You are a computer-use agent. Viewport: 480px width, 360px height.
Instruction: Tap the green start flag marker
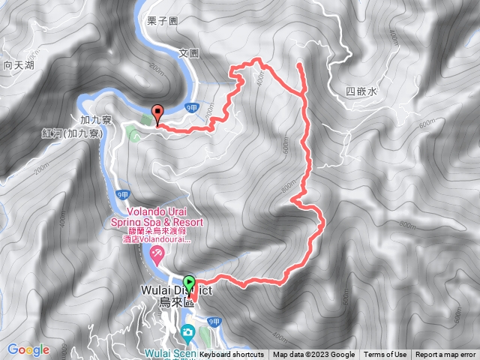click(x=189, y=282)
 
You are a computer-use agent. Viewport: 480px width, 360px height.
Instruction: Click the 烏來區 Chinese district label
click(x=177, y=303)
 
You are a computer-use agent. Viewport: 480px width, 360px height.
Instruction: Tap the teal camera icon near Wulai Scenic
click(x=187, y=332)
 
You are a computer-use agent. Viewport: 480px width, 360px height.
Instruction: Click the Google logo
click(x=28, y=349)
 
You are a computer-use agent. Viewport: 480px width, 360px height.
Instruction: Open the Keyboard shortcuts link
click(x=232, y=355)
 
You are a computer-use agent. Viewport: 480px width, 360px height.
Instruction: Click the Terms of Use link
click(x=385, y=355)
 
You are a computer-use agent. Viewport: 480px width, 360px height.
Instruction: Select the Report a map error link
click(x=445, y=355)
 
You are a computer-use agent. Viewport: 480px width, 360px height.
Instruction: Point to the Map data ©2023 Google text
click(x=313, y=355)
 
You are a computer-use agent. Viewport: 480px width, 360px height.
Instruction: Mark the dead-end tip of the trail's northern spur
click(x=300, y=65)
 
